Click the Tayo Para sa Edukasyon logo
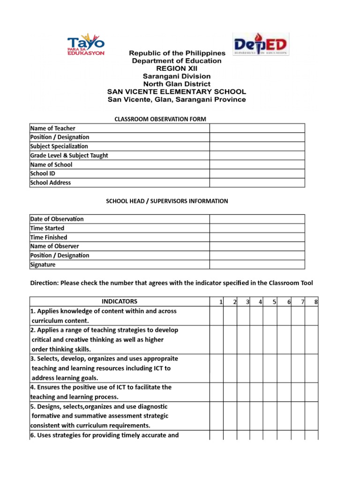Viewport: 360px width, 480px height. click(x=86, y=45)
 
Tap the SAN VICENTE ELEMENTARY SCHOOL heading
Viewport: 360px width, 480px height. click(x=176, y=92)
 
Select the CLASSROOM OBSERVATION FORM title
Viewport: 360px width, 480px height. click(x=160, y=119)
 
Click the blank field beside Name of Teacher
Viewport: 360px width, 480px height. click(x=257, y=128)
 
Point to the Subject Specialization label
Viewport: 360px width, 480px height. click(x=59, y=146)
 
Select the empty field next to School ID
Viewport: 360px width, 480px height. click(x=257, y=173)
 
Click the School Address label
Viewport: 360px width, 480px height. click(x=51, y=183)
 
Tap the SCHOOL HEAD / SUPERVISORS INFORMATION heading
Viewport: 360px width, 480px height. click(x=167, y=201)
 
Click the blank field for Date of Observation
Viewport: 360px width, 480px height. click(x=257, y=219)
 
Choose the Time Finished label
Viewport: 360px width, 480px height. click(x=49, y=237)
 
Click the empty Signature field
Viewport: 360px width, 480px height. click(x=257, y=264)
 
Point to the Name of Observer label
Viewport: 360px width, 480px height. click(x=54, y=246)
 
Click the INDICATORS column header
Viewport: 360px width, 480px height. click(x=120, y=301)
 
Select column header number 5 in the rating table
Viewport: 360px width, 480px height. click(x=274, y=302)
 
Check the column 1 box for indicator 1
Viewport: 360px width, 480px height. click(x=216, y=316)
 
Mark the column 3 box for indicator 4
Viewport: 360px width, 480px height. click(x=243, y=392)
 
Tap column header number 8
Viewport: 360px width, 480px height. click(x=316, y=302)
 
